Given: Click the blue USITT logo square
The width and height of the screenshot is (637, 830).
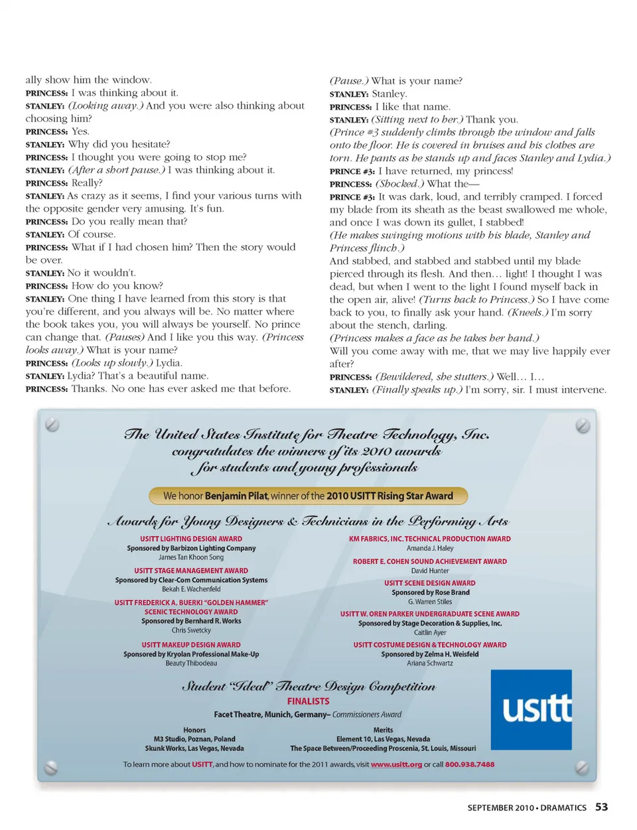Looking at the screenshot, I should (x=531, y=709).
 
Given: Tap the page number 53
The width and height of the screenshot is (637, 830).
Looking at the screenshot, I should (x=601, y=807).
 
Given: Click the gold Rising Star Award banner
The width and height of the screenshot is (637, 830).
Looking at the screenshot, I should (x=308, y=496).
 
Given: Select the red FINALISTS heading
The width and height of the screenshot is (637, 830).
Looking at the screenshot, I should (x=308, y=701).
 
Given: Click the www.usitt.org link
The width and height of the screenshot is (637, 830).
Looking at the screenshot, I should (x=396, y=764).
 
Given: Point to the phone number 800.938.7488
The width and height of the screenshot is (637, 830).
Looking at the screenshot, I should (x=470, y=764).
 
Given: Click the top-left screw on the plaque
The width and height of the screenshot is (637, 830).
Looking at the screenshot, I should (x=52, y=425).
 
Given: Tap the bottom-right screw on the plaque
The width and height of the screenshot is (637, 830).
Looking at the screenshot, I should (x=582, y=768).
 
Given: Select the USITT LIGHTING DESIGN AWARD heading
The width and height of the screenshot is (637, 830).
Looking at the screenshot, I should (x=191, y=539).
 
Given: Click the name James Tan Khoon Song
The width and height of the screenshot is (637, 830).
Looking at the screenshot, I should (x=191, y=557).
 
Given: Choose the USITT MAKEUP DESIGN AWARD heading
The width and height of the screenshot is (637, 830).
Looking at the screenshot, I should (x=191, y=645).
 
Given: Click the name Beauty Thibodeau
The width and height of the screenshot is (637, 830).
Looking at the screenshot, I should (x=191, y=663).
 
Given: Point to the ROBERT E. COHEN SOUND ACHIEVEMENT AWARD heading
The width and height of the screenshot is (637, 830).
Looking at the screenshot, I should (x=430, y=561).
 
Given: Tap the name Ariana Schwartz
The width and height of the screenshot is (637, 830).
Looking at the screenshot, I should (x=430, y=663).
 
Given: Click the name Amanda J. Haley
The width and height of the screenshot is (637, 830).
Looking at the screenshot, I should (x=430, y=548).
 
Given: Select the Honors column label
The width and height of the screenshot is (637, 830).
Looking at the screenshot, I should (x=194, y=730).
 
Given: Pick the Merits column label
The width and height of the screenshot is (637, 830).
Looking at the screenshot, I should (x=383, y=730).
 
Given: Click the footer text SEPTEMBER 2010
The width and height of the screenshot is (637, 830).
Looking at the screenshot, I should (x=500, y=808).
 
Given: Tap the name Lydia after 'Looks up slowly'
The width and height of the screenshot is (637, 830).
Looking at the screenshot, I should (x=169, y=363).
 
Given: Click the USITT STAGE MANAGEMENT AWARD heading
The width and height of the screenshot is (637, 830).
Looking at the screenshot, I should (x=191, y=571).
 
